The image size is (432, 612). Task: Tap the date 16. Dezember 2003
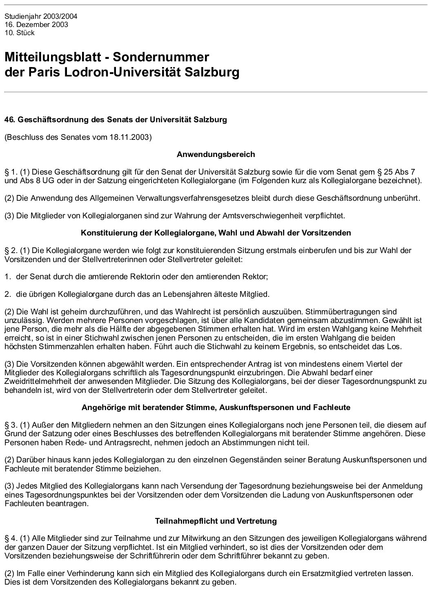[36, 25]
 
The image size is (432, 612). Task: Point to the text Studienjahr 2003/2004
[41, 17]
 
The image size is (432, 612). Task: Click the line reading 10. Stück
[20, 33]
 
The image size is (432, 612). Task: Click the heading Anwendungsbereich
[216, 155]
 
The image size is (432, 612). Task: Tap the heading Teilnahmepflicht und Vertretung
[216, 521]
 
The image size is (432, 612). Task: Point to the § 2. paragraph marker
[11, 250]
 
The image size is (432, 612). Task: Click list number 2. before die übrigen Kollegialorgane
[7, 294]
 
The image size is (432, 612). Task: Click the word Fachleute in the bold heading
[332, 408]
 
